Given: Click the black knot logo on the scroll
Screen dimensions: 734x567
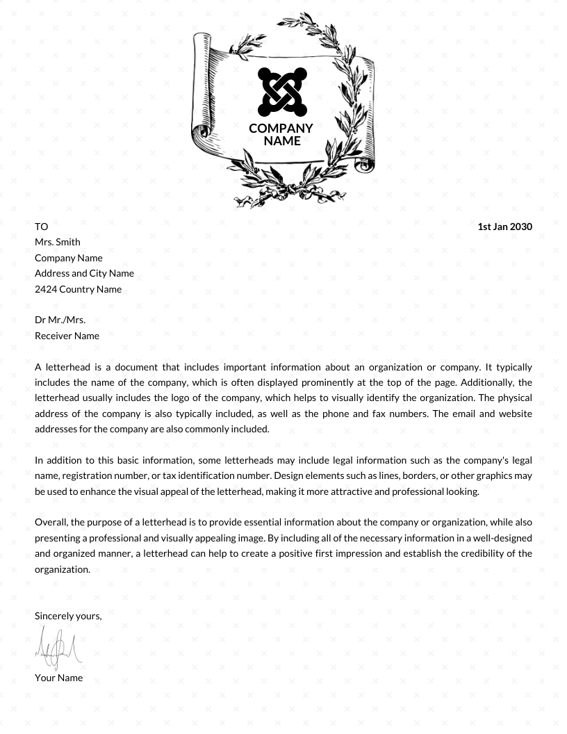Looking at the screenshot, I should pos(282,92).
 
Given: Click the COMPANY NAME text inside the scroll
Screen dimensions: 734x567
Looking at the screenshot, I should pos(281,134).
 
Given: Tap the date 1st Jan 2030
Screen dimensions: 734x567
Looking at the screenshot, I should pos(504,227).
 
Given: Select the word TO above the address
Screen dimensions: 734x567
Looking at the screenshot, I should pos(42,227).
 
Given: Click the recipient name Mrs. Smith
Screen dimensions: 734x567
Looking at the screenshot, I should pos(58,242).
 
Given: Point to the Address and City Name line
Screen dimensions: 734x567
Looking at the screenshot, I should pos(84,273).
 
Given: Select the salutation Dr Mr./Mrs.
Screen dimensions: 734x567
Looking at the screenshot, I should pos(60,320).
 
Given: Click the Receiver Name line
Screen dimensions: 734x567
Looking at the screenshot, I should pos(67,336).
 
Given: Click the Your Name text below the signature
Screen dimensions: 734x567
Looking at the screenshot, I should pos(58,678).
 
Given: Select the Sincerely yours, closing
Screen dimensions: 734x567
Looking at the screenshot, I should pos(68,616).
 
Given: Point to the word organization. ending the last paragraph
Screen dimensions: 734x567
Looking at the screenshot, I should pos(63,569).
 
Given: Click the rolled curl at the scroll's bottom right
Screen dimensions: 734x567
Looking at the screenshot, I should pos(365,164).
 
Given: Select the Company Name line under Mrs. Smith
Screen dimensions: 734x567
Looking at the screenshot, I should pos(69,258).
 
